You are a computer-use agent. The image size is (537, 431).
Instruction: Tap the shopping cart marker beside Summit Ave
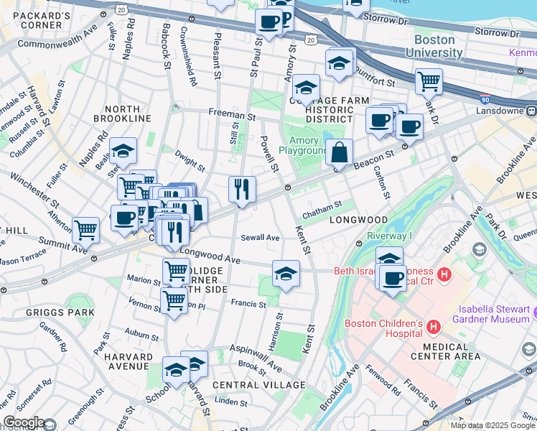[85, 231]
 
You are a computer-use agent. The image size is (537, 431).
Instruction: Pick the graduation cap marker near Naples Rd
[123, 152]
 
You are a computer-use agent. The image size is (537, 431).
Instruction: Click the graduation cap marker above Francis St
[286, 274]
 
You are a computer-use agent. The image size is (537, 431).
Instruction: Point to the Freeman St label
[232, 113]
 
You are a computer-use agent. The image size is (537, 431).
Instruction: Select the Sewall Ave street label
[260, 237]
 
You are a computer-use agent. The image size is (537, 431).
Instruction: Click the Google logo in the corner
[23, 422]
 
